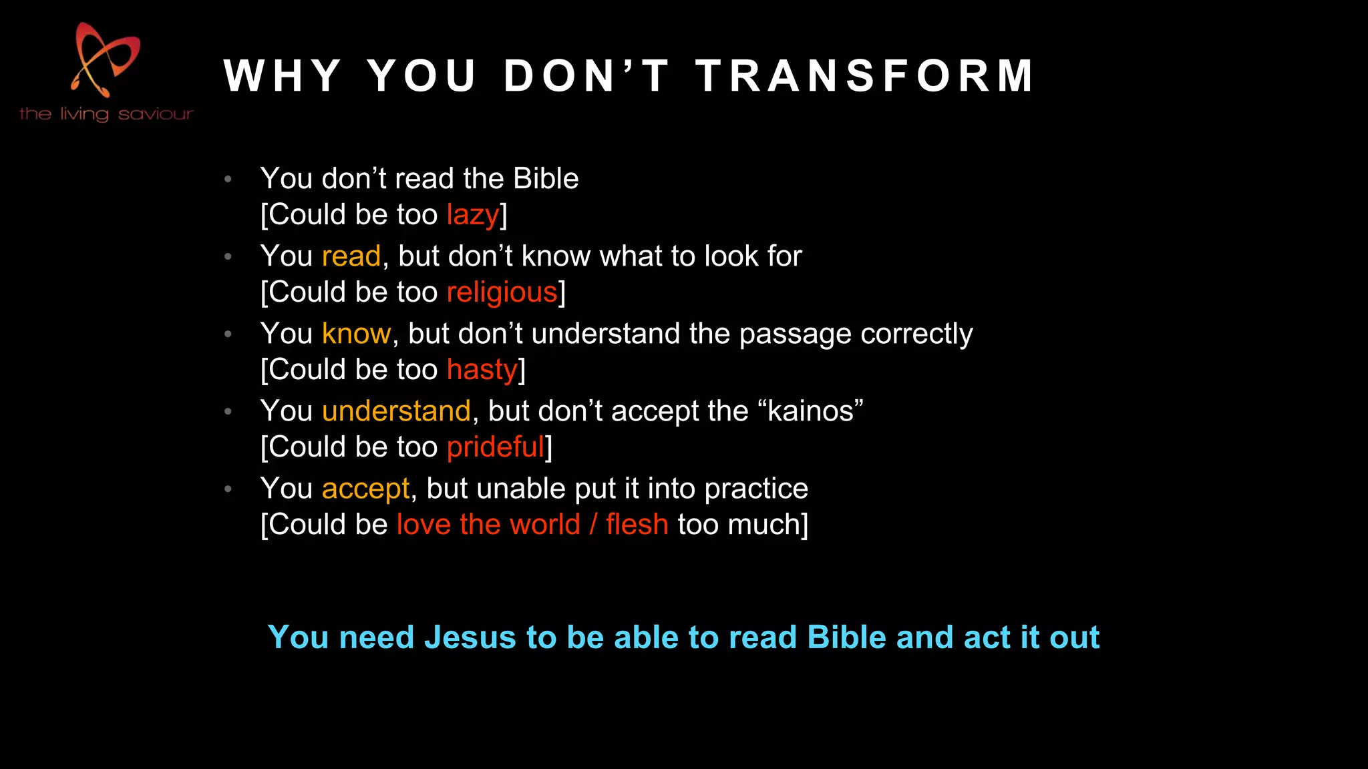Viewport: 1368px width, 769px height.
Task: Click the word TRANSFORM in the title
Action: pyautogui.click(x=864, y=75)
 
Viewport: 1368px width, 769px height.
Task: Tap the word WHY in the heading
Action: pyautogui.click(x=283, y=75)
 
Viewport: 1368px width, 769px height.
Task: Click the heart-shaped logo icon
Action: pyautogui.click(x=106, y=60)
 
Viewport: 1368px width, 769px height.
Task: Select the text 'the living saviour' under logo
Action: pyautogui.click(x=106, y=114)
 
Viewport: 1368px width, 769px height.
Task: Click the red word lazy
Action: pyautogui.click(x=473, y=215)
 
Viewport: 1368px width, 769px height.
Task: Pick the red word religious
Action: pyautogui.click(x=502, y=292)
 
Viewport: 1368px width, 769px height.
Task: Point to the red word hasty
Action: pyautogui.click(x=482, y=370)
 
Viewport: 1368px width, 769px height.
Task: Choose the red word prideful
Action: pyautogui.click(x=496, y=447)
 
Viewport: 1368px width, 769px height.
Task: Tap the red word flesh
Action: pyautogui.click(x=637, y=525)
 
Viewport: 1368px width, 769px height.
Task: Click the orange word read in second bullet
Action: pyautogui.click(x=351, y=256)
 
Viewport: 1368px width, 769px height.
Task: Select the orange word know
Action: pyautogui.click(x=356, y=334)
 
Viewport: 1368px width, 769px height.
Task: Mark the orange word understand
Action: pyautogui.click(x=396, y=411)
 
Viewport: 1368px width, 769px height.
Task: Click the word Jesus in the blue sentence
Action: pyautogui.click(x=470, y=637)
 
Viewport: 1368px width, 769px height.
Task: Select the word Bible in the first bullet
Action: pyautogui.click(x=546, y=179)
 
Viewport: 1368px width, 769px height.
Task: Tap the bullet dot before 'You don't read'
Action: pyautogui.click(x=228, y=179)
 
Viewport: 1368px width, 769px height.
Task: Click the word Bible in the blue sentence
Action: pyautogui.click(x=847, y=637)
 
